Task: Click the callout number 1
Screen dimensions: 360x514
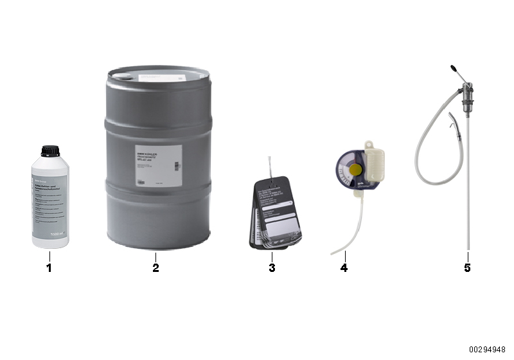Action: click(48, 267)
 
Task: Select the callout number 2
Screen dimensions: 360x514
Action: click(155, 267)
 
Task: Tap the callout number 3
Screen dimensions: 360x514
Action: click(272, 267)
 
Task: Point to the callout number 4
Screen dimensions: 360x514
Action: click(344, 267)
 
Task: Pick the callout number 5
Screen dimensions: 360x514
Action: click(467, 267)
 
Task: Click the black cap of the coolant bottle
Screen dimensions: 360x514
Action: click(49, 152)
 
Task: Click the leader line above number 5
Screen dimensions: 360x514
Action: click(468, 256)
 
